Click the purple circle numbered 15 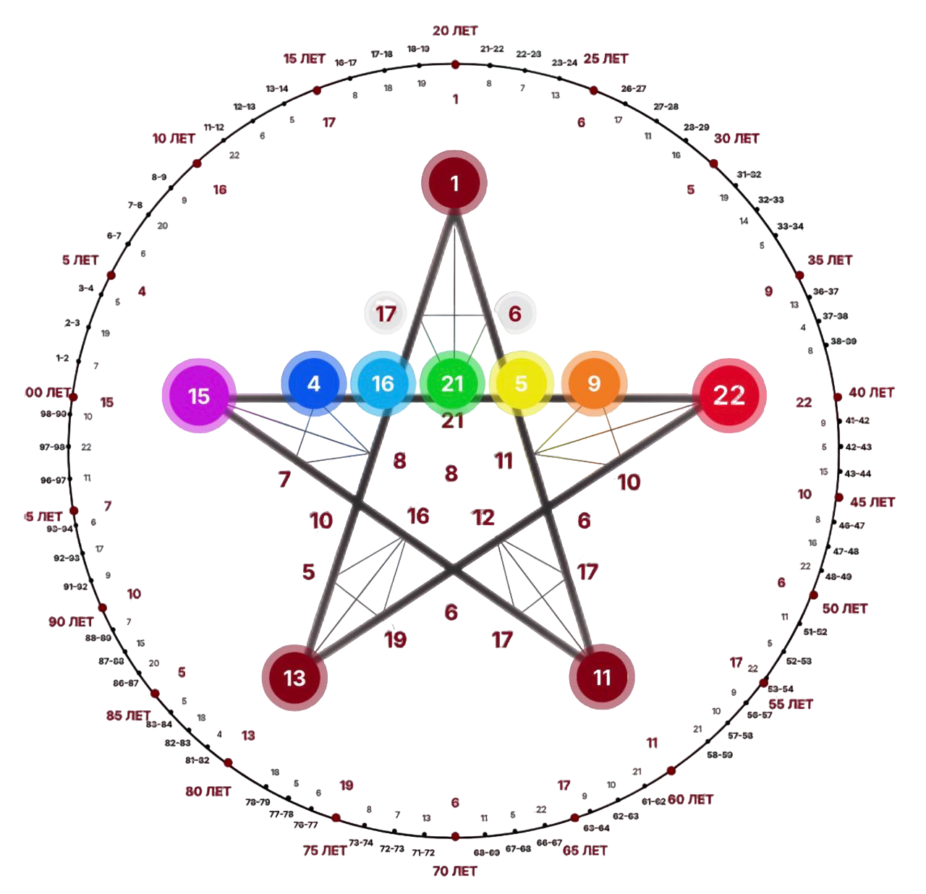tap(198, 396)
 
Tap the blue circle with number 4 tap(313, 383)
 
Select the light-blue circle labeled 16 tap(383, 383)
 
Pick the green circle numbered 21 tap(452, 383)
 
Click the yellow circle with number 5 tap(521, 383)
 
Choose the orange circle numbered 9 tap(593, 383)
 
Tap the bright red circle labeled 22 tap(729, 395)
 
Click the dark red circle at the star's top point tap(454, 183)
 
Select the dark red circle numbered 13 tap(294, 678)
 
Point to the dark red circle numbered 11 tap(602, 678)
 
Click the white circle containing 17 tap(386, 312)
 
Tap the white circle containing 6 tap(515, 313)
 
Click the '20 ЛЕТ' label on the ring tap(455, 31)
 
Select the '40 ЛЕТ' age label tap(872, 393)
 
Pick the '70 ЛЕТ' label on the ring tap(455, 871)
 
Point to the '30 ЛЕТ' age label tap(736, 138)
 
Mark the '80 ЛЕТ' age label tap(208, 792)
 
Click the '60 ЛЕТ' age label tap(691, 799)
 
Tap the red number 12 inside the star tap(483, 517)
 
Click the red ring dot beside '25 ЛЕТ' tap(594, 90)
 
